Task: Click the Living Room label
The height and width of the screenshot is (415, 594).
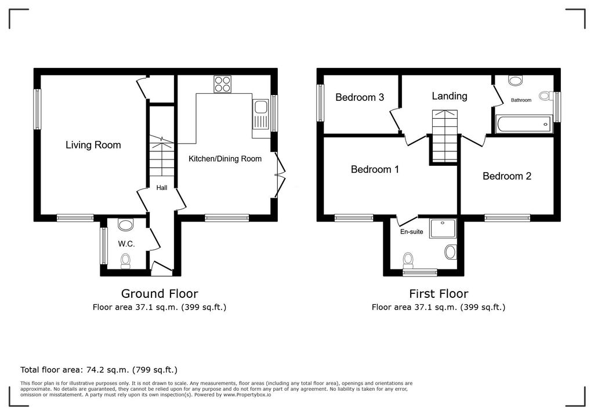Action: point(93,145)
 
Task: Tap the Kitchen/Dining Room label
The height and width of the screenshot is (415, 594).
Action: point(225,159)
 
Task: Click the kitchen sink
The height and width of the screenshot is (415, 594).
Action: point(260,107)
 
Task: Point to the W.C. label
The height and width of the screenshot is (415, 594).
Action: point(126,244)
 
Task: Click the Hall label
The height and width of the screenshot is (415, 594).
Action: point(162,188)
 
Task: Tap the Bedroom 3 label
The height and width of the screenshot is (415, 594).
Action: point(360,97)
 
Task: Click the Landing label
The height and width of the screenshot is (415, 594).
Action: point(449,96)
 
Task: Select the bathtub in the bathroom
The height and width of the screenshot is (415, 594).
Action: point(523,123)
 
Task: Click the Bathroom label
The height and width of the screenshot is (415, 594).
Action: point(520,100)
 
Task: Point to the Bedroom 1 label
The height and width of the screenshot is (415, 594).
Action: point(375,170)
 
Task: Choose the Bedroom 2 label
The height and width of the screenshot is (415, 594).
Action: point(507,176)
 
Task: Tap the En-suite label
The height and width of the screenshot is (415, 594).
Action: point(411,232)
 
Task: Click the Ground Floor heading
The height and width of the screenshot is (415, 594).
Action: point(159,294)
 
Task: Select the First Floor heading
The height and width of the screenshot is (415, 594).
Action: point(438,294)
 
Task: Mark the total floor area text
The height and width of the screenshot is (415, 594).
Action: point(99,369)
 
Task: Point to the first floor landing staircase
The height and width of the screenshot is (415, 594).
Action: point(444,136)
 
